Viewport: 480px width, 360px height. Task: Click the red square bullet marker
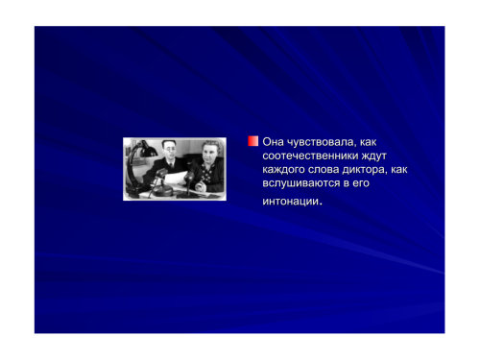pos(252,141)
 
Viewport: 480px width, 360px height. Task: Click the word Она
pos(273,142)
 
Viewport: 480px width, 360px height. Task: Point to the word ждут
pos(373,156)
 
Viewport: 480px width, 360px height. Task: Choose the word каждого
pos(283,170)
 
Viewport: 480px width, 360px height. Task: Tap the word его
pos(361,183)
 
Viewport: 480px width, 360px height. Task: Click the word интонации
pos(291,202)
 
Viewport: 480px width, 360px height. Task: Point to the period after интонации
pos(321,204)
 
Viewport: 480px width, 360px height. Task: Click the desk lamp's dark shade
pos(147,151)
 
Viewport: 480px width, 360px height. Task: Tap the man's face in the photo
pos(169,150)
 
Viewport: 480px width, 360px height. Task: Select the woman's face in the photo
pos(210,154)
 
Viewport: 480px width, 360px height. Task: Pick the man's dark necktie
pos(172,164)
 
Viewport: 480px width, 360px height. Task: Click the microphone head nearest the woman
pos(189,177)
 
